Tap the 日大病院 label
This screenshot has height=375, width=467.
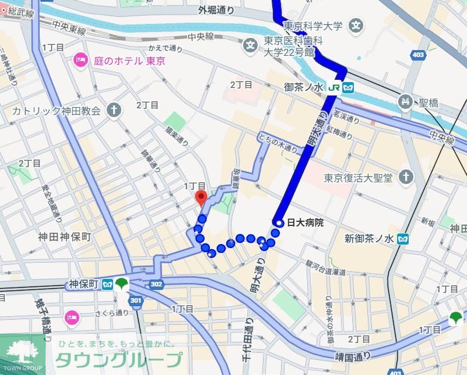click(x=305, y=222)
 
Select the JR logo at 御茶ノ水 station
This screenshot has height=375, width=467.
click(x=334, y=87)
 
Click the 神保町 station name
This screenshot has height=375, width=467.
click(x=82, y=285)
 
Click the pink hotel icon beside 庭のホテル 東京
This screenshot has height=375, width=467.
click(x=80, y=60)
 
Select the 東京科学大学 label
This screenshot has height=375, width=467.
click(x=313, y=26)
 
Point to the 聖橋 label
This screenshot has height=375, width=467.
click(x=429, y=103)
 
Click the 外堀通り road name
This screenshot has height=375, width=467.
click(x=216, y=10)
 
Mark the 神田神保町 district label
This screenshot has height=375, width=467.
click(x=65, y=237)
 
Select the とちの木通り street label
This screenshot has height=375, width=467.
click(x=276, y=144)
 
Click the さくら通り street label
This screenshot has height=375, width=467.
click(x=113, y=313)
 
